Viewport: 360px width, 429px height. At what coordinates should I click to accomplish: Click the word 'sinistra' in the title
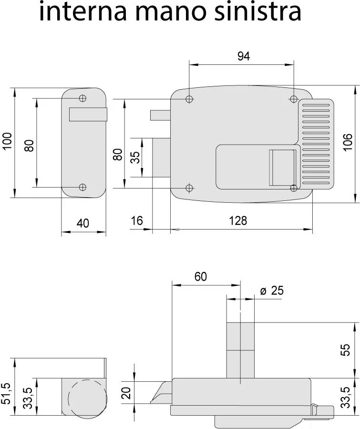coord(258,11)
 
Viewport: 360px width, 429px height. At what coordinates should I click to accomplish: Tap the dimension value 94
coord(244,56)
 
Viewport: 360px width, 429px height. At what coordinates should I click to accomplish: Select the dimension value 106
coord(348,142)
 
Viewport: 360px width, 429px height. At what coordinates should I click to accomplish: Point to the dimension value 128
coord(238,220)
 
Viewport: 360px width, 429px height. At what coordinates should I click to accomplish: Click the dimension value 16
coord(137,220)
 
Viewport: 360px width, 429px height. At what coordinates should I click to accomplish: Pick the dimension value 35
coord(135,157)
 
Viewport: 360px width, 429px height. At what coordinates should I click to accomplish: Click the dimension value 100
coord(7,141)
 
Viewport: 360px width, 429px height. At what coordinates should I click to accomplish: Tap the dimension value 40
coord(83,223)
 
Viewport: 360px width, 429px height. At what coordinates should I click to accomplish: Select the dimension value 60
coord(201,277)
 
